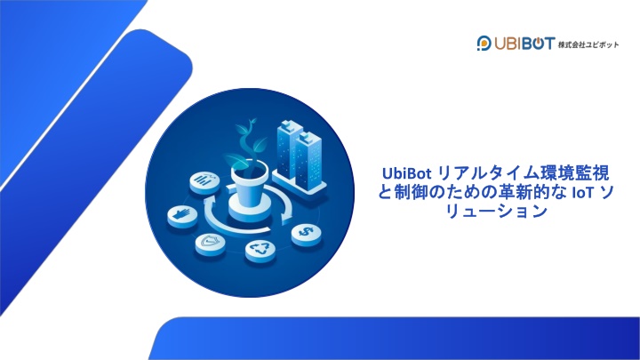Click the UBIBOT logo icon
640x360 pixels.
point(484,44)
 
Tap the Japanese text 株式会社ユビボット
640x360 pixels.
point(588,44)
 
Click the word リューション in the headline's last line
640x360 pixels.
point(497,212)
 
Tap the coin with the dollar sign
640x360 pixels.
point(306,235)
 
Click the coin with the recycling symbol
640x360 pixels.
point(260,250)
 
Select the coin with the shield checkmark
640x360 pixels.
point(210,244)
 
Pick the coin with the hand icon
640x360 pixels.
point(182,216)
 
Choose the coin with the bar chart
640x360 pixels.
point(204,182)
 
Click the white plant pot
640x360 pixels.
point(249,192)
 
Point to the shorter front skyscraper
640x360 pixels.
point(308,161)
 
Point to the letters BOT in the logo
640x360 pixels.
point(539,44)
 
